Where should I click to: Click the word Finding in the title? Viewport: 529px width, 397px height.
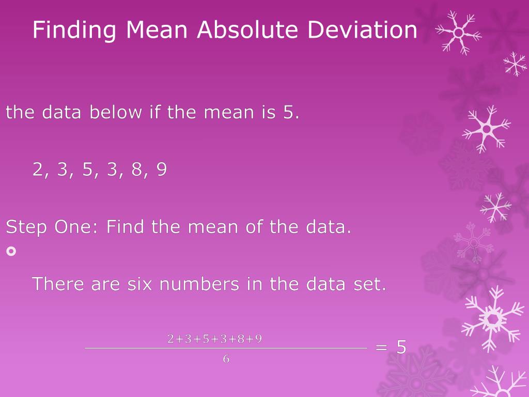tap(74, 30)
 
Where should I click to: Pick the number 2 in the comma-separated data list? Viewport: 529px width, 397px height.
tap(38, 170)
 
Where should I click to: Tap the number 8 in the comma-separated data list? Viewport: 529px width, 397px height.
tap(137, 170)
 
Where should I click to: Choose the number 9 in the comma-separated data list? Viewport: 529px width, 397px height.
tap(162, 170)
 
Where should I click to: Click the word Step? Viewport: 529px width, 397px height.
tap(26, 227)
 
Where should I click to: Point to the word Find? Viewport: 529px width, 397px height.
tap(126, 227)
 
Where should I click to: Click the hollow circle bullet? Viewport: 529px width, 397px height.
tap(11, 251)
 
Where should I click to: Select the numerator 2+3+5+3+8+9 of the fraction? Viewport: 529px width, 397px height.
tap(214, 339)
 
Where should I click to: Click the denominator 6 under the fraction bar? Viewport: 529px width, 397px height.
tap(226, 359)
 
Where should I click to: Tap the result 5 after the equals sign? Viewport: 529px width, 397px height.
tap(401, 347)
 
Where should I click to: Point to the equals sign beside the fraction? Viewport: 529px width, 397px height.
tap(381, 347)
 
